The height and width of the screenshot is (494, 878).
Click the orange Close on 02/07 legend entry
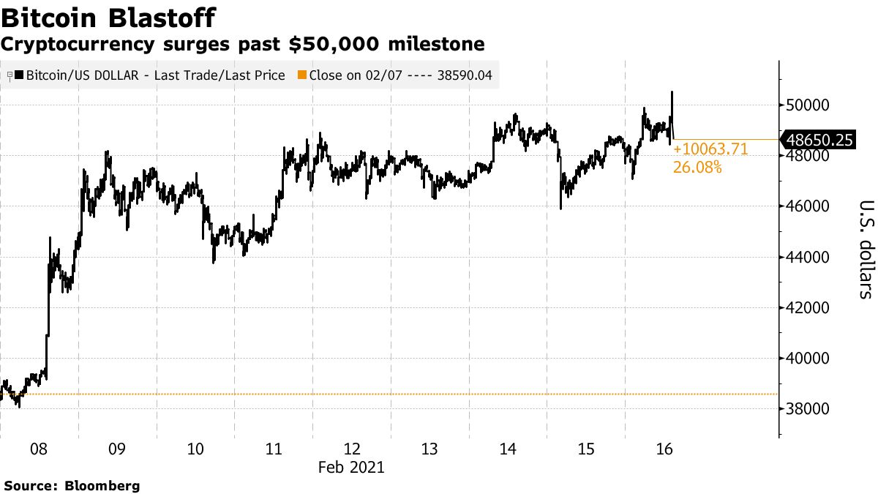395,75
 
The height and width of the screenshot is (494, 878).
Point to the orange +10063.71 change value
710,149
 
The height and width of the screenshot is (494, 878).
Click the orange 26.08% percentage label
697,168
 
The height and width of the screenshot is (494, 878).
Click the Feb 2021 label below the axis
350,467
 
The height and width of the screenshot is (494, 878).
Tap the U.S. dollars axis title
866,249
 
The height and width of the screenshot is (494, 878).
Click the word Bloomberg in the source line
102,485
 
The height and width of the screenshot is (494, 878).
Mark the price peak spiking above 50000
672,93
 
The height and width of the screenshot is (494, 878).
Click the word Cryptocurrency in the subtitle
77,45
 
